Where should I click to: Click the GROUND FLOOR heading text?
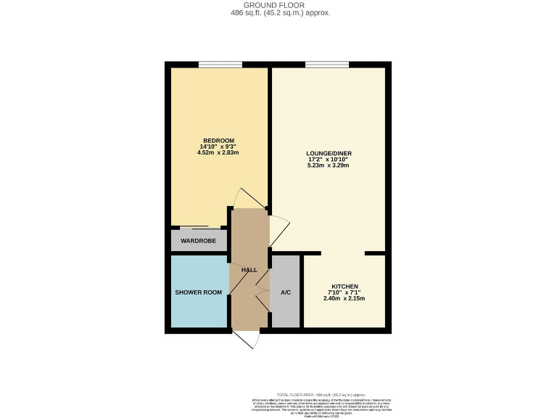[x=278, y=5]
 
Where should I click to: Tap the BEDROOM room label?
[x=218, y=140]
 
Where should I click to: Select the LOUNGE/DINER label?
[x=329, y=153]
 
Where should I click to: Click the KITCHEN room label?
[x=344, y=286]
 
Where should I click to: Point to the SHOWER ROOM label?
[x=198, y=292]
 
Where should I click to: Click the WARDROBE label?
[x=198, y=240]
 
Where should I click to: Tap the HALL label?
[x=249, y=270]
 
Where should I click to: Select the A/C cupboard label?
[x=286, y=292]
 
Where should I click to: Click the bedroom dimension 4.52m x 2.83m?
[x=218, y=153]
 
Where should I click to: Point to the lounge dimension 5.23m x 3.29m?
[x=329, y=165]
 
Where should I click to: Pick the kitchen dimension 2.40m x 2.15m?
[x=344, y=298]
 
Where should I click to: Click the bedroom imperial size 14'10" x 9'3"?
[x=218, y=147]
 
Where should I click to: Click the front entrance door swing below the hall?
[x=249, y=341]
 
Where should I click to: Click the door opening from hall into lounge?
[x=278, y=230]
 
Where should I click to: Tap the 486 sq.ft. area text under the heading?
[x=278, y=13]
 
